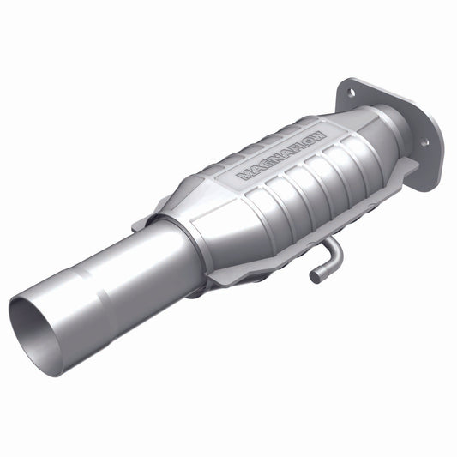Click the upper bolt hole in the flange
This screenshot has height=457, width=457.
click(352, 87)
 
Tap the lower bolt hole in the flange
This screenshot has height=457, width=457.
click(424, 141)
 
